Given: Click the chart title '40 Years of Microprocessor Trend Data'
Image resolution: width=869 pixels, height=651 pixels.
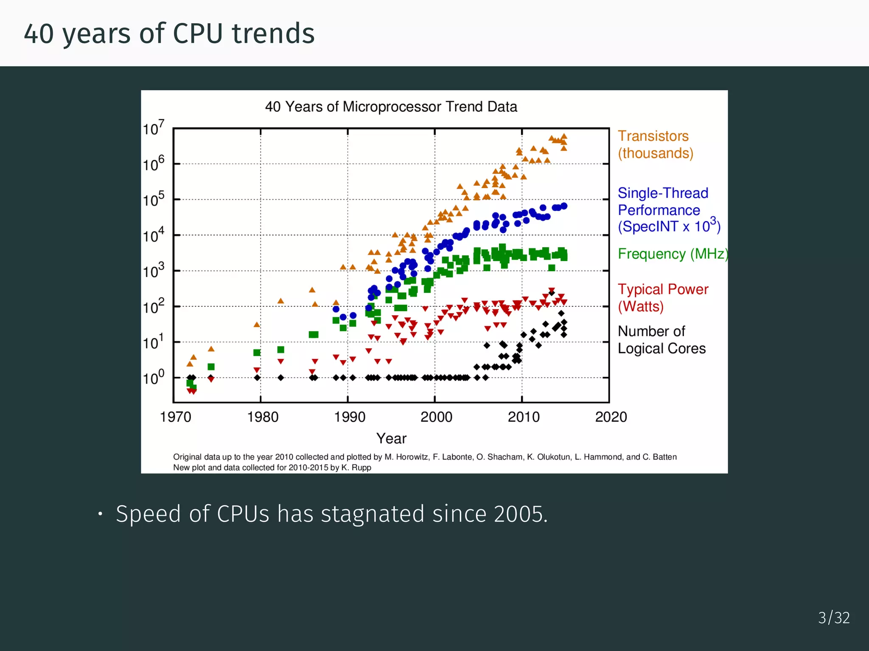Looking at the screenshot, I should pyautogui.click(x=391, y=106).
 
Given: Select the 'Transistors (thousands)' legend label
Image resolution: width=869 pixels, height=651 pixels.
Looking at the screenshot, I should pyautogui.click(x=655, y=145).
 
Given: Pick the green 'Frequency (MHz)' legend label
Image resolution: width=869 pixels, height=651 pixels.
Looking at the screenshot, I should pyautogui.click(x=672, y=254).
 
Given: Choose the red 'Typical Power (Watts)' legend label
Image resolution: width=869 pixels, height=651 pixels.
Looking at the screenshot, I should pyautogui.click(x=662, y=298).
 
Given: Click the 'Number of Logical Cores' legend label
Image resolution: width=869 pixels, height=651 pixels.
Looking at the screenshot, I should pyautogui.click(x=661, y=339).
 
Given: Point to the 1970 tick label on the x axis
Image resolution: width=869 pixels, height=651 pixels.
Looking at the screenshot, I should pyautogui.click(x=175, y=417).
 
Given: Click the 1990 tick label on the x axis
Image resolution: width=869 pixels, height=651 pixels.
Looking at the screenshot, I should pyautogui.click(x=350, y=417).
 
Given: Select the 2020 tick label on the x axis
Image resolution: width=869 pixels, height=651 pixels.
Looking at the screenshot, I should pyautogui.click(x=611, y=417).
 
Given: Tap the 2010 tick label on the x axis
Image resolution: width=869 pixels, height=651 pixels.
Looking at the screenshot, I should pyautogui.click(x=524, y=417).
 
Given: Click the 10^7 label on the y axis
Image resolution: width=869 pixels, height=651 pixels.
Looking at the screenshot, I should pyautogui.click(x=153, y=128).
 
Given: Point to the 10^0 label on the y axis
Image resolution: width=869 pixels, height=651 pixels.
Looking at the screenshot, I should pyautogui.click(x=153, y=377).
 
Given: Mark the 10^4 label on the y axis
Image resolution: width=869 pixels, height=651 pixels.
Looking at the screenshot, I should pyautogui.click(x=153, y=235).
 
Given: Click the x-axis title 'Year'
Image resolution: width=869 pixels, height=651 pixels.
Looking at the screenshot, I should pyautogui.click(x=391, y=438).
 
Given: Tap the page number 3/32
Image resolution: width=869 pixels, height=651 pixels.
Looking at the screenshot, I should pyautogui.click(x=833, y=618).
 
